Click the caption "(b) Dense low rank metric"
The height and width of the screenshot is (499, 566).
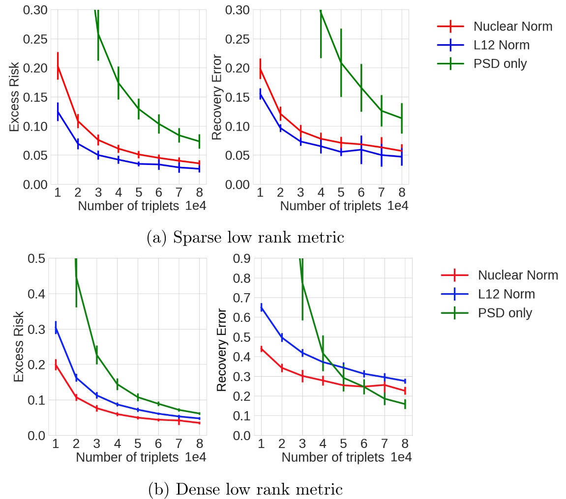245,489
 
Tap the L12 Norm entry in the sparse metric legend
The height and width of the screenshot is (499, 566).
501,45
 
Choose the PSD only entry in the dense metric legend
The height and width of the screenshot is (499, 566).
505,313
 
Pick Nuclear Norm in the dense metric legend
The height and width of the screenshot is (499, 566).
517,275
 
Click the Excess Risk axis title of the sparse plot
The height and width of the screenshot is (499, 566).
15,97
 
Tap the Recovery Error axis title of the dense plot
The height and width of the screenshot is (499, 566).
222,350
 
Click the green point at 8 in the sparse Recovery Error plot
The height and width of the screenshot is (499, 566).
402,118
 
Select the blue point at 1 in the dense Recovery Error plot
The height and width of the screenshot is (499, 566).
261,308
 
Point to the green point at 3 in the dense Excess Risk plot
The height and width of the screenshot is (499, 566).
96,355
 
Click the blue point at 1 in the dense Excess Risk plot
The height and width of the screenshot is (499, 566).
56,328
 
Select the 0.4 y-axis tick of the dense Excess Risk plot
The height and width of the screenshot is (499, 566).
37,294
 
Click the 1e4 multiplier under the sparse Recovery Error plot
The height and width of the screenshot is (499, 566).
397,206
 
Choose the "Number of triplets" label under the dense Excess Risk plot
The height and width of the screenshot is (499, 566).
127,458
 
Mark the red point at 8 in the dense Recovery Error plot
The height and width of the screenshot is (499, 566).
405,391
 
